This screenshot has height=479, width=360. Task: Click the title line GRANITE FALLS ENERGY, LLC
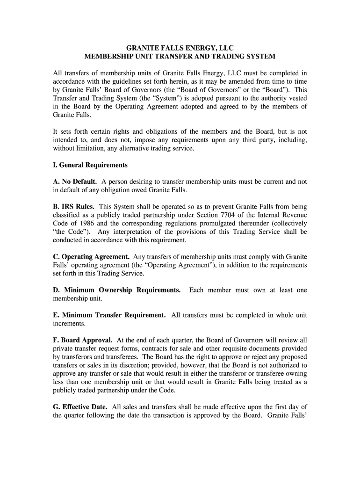(x=180, y=48)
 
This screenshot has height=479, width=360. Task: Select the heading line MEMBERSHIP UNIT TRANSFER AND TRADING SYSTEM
(x=180, y=56)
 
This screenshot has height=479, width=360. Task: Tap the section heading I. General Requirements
(x=90, y=165)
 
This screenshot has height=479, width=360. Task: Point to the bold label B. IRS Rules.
(x=73, y=206)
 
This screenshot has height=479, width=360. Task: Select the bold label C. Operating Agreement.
(x=91, y=257)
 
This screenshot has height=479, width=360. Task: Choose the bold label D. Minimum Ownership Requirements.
(x=116, y=290)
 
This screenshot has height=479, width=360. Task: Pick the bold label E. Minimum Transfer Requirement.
(x=109, y=315)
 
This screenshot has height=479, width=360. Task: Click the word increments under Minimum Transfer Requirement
(x=69, y=323)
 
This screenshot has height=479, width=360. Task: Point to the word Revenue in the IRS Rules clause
(x=294, y=215)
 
